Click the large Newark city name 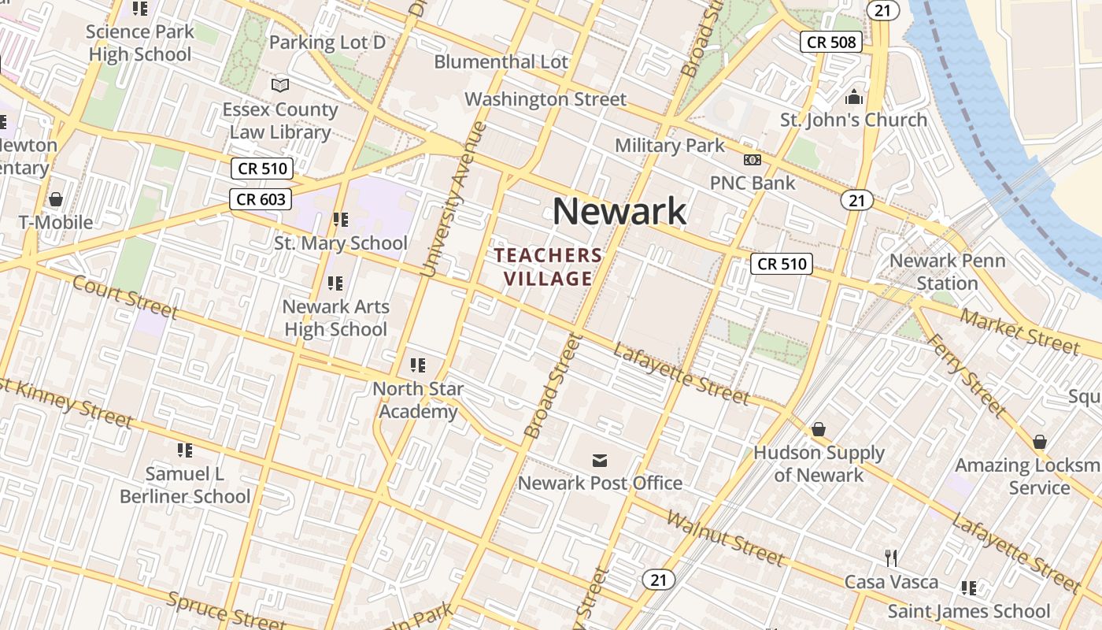tap(619, 212)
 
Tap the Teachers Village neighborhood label tap(548, 267)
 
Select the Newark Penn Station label tap(947, 272)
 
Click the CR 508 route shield tap(831, 43)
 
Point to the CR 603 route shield tap(261, 199)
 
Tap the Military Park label tap(670, 146)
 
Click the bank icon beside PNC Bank tap(753, 160)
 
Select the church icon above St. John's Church tap(854, 98)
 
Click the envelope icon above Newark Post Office tap(600, 460)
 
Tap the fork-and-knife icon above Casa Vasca tap(891, 558)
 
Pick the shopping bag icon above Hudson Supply tap(819, 429)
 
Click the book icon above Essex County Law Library tap(280, 85)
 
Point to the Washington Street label tap(545, 100)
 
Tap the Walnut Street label tap(725, 539)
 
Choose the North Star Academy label tap(418, 400)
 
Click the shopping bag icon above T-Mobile tap(55, 199)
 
